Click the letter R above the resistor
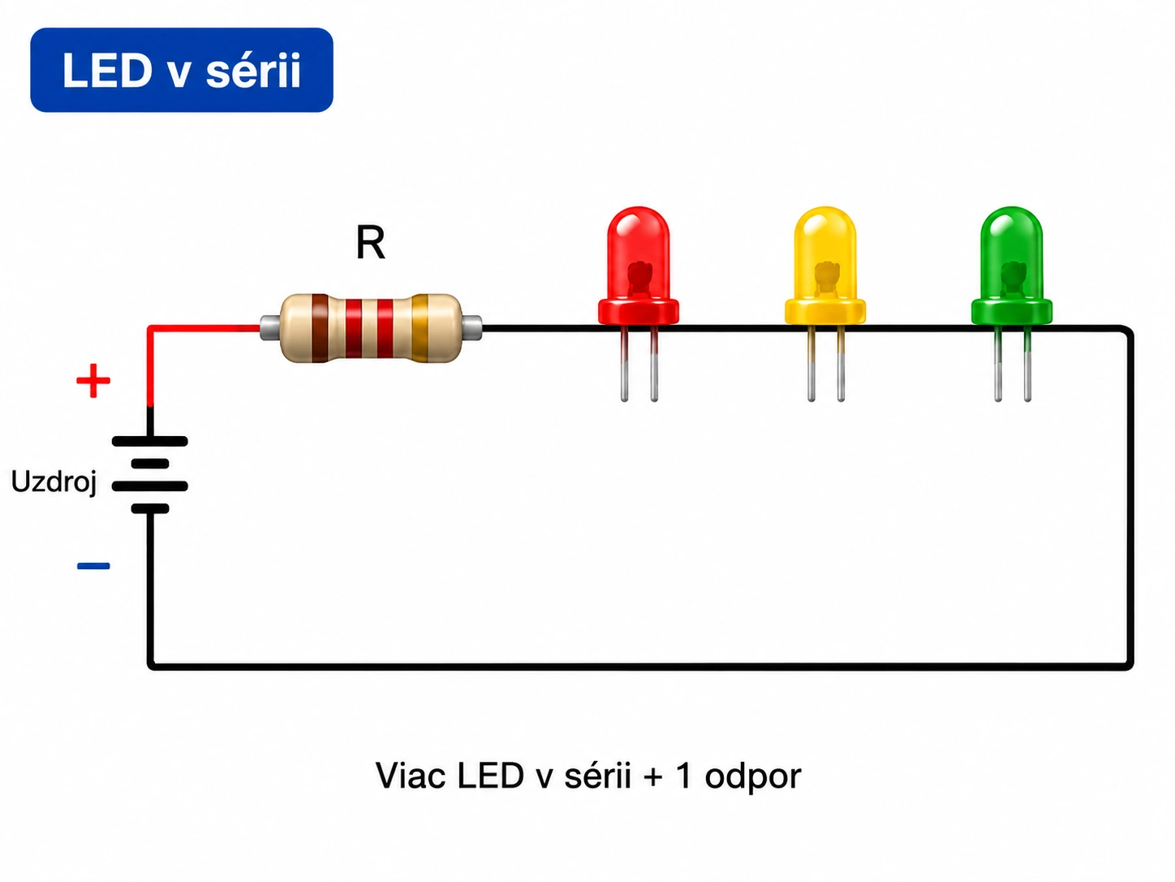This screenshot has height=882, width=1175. (x=370, y=243)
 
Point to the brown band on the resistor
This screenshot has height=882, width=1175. (x=320, y=328)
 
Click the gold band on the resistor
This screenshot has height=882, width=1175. (x=420, y=328)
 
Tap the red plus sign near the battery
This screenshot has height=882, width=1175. (x=93, y=381)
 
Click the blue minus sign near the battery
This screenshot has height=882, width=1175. (x=93, y=566)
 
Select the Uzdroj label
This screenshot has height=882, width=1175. (x=54, y=482)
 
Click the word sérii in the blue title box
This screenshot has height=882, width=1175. (x=253, y=70)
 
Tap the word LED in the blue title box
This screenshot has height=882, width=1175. (x=107, y=70)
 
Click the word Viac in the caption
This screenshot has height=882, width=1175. (x=410, y=776)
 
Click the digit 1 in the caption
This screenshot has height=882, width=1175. (x=683, y=776)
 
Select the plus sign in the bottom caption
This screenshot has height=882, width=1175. (x=653, y=776)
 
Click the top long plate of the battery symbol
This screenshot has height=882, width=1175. (x=150, y=441)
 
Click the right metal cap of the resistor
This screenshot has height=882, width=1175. (x=471, y=328)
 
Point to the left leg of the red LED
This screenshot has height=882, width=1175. (x=624, y=363)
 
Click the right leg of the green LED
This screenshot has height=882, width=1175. (x=1027, y=363)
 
